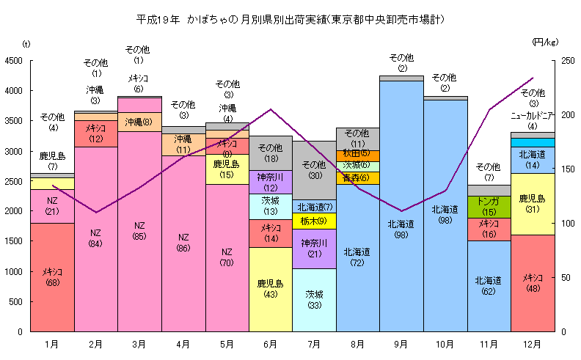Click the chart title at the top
coord(290,18)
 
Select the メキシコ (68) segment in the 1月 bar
coord(52,277)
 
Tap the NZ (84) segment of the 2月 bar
coord(96,238)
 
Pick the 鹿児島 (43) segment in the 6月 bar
coord(271,289)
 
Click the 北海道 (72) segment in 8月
coord(357,257)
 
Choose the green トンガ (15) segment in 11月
coord(489,206)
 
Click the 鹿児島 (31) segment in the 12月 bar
coord(532,203)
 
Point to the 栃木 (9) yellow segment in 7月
coord(314,221)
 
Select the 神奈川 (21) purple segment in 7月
coord(314,249)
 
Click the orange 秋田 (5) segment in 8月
coord(357,154)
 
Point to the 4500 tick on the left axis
coord(14,61)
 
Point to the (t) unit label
coord(26,45)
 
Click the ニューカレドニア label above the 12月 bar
coord(532,115)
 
